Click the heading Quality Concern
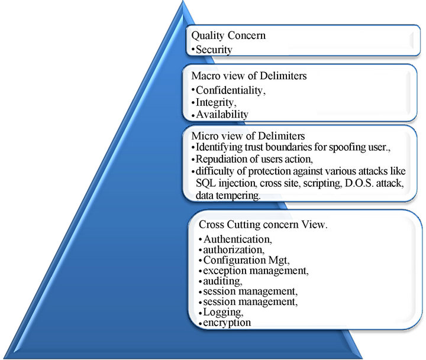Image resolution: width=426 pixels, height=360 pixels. pos(228,35)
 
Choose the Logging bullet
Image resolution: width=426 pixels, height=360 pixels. pos(221,313)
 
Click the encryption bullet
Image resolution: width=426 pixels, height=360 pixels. pos(226,323)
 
